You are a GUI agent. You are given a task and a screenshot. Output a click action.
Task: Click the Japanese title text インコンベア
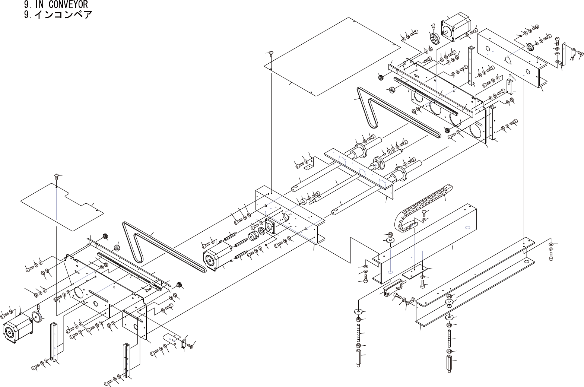(x=63, y=15)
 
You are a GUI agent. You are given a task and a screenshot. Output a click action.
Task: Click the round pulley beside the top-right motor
(x=434, y=38)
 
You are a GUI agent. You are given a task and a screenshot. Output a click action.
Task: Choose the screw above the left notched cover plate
(x=57, y=176)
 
